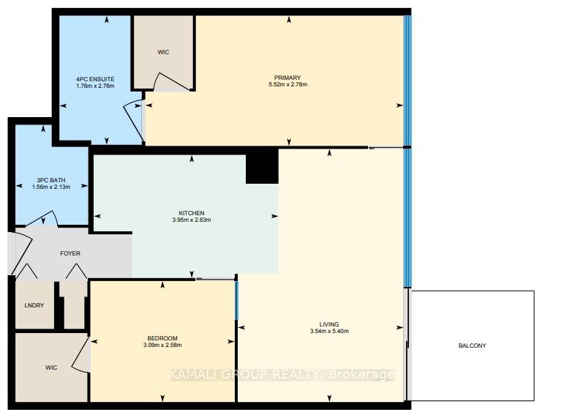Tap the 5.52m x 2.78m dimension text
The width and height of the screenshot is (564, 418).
pos(288,85)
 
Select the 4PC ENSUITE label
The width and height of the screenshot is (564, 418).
pos(95,78)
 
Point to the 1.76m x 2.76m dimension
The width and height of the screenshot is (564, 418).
pos(95,86)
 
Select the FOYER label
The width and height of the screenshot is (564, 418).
pos(70,253)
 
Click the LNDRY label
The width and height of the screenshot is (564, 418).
pos(34,305)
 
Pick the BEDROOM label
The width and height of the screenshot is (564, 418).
pos(161,338)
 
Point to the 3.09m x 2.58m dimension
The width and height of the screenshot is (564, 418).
pos(161,346)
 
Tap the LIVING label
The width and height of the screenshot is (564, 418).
pos(328,324)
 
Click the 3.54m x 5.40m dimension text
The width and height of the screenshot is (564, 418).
pos(328,332)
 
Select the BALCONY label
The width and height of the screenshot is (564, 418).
pos(472,346)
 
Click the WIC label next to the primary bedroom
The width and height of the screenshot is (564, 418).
pos(163,53)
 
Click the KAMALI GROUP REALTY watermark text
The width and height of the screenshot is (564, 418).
pos(282,375)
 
